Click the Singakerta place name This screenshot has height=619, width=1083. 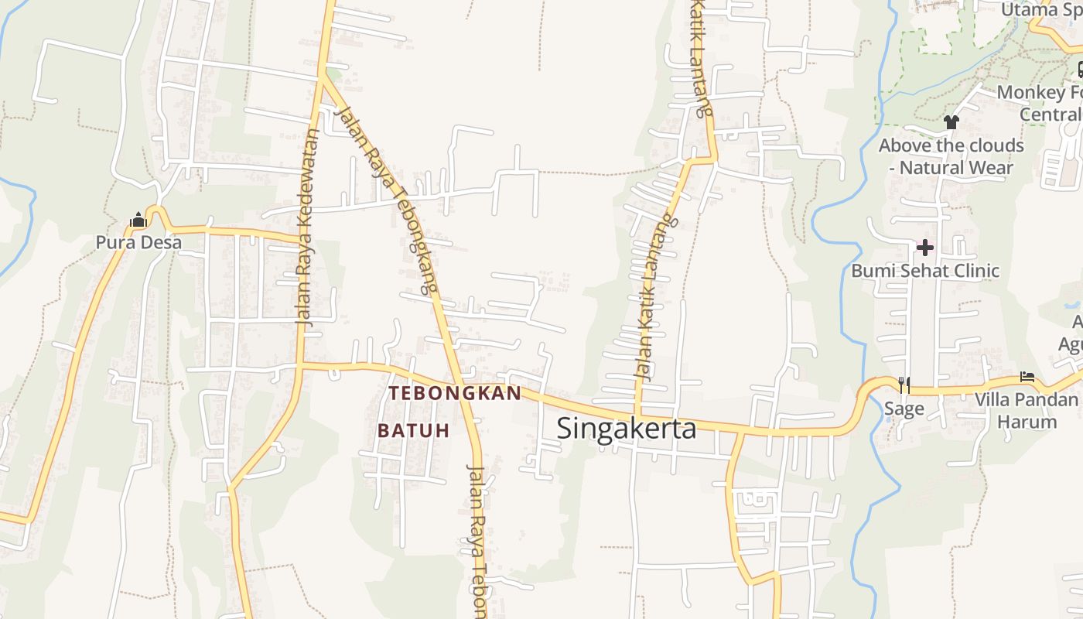tap(626, 429)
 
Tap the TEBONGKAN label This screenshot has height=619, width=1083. tap(455, 394)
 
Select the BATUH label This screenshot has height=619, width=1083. tap(413, 431)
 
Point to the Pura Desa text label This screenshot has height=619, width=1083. tap(138, 243)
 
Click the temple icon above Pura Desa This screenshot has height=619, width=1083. tap(138, 221)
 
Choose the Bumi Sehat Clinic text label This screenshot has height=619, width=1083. tap(925, 271)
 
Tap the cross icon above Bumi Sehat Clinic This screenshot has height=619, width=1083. tap(925, 248)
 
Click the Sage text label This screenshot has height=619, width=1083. tap(904, 409)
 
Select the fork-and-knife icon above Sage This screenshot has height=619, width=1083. tap(904, 385)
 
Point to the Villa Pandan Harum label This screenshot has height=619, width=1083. tap(1027, 411)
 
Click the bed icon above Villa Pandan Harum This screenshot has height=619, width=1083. tap(1027, 377)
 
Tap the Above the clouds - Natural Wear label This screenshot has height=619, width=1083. tap(951, 156)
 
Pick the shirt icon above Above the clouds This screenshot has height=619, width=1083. tap(951, 122)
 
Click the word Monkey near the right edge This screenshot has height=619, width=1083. tap(1030, 93)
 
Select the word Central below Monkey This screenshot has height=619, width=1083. tap(1050, 115)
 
